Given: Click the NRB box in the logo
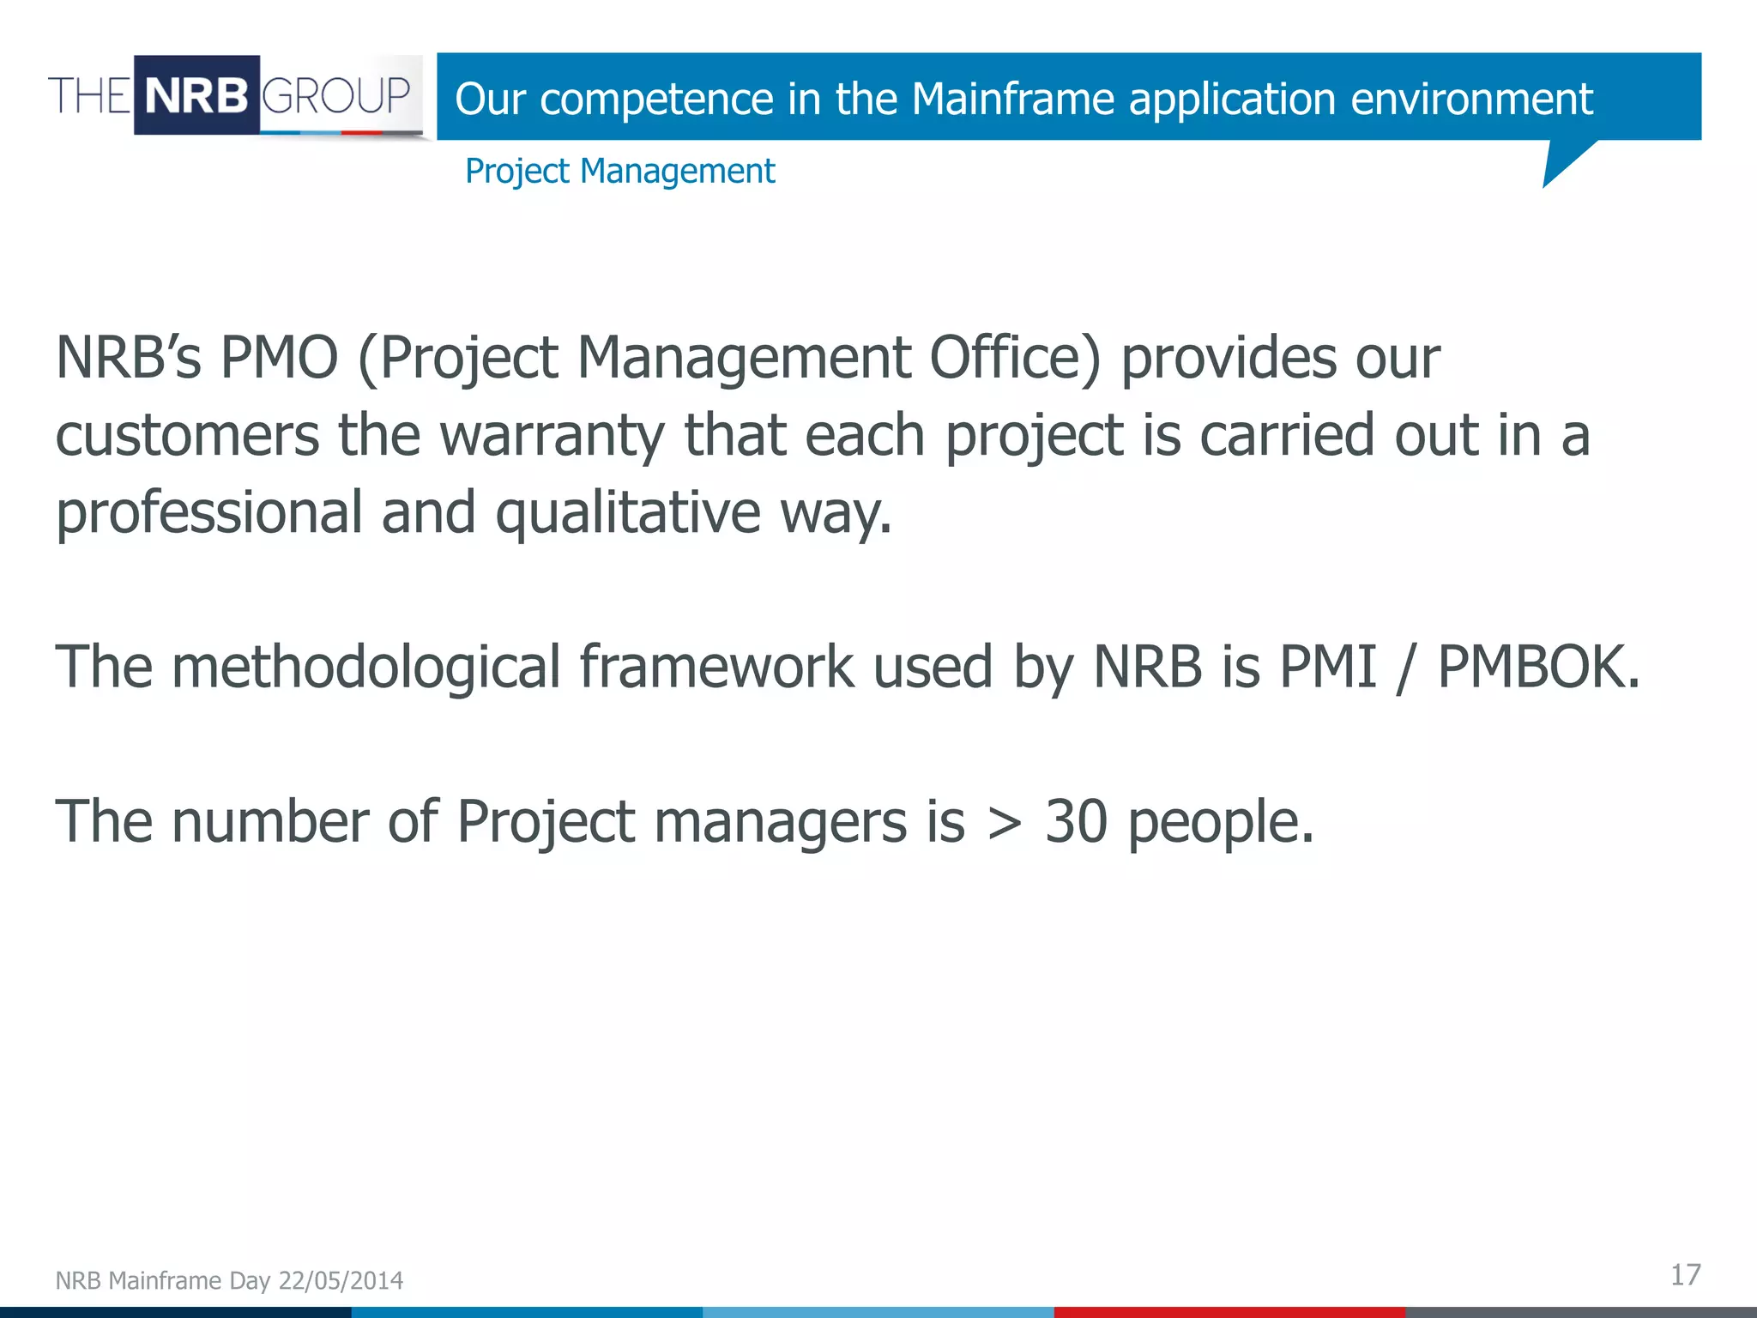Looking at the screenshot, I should [x=196, y=94].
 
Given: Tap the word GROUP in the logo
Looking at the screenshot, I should [x=335, y=94].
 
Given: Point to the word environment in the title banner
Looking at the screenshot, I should [x=1471, y=99].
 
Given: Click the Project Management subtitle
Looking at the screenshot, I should [x=619, y=171].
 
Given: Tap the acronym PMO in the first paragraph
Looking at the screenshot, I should [x=280, y=357].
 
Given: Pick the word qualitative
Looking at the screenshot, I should [x=628, y=513].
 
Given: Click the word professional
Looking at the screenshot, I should [x=209, y=513].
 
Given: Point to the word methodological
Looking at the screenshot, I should [x=366, y=668].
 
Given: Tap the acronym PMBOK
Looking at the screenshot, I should [x=1538, y=668].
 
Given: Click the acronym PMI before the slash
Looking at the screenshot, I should [x=1327, y=668].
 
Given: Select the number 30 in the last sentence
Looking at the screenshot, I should [x=1076, y=822].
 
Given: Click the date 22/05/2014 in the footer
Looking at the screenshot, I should [x=341, y=1280].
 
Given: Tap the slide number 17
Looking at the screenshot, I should [x=1685, y=1275].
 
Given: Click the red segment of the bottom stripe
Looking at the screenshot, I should [x=1229, y=1312].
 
